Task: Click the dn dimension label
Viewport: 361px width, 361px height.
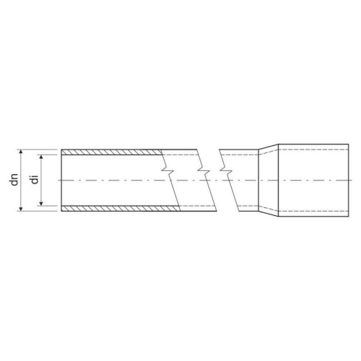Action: (x=14, y=180)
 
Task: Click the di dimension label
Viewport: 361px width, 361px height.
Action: (x=33, y=180)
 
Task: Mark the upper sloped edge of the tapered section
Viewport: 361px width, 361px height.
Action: (x=269, y=146)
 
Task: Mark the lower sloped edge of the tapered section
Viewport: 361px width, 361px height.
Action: (x=269, y=214)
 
